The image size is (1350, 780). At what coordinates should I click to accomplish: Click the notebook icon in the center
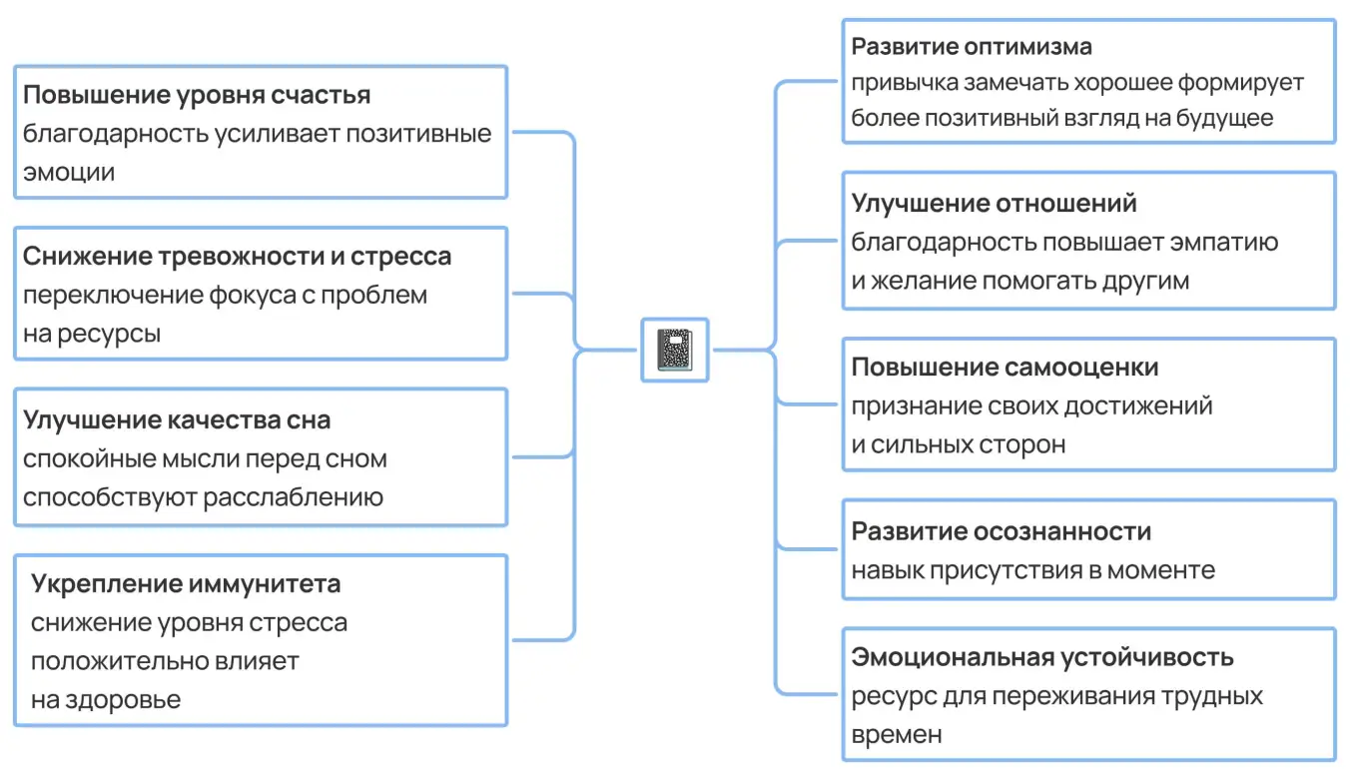(674, 351)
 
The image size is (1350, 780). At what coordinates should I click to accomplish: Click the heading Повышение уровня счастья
(197, 95)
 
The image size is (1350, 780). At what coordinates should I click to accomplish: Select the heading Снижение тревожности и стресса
(237, 257)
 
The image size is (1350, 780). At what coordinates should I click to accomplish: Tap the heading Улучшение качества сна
(177, 419)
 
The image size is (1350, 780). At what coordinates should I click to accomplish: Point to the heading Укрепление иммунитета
(186, 583)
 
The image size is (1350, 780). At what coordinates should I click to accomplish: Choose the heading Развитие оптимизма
(972, 47)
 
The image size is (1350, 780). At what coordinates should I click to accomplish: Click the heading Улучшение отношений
(994, 204)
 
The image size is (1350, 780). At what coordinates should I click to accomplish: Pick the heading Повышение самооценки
(1005, 368)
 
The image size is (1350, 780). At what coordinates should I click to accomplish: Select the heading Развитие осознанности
(1001, 531)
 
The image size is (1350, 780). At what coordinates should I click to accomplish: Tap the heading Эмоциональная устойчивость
(1042, 657)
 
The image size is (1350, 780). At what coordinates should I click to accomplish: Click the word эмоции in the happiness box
(69, 172)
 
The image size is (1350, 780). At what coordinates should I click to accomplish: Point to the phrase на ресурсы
(92, 334)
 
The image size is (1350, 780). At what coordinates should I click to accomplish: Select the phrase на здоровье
(106, 699)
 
